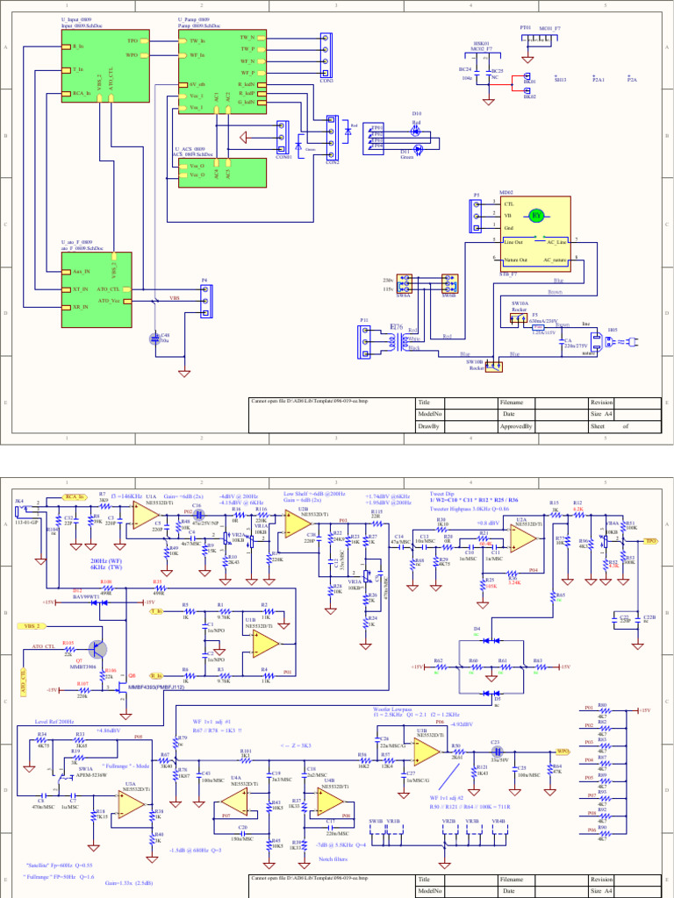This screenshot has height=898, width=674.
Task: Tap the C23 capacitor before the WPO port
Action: pos(496,752)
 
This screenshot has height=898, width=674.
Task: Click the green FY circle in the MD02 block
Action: pos(535,215)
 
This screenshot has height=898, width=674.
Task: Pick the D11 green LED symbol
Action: pos(418,151)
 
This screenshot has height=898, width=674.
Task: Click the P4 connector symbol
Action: pos(204,300)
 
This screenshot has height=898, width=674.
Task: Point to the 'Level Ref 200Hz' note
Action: pos(56,721)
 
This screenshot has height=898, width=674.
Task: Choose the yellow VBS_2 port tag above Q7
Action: pos(33,627)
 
